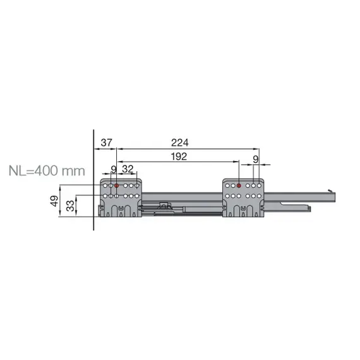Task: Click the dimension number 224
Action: [x=180, y=142]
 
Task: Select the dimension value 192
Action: [x=179, y=158]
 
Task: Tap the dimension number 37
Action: [x=105, y=142]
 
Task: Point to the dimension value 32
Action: [x=128, y=169]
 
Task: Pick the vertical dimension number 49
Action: [x=55, y=201]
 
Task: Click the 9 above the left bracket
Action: [x=114, y=169]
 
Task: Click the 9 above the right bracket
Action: [x=256, y=158]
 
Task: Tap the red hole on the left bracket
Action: [x=117, y=186]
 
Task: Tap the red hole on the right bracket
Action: [x=239, y=186]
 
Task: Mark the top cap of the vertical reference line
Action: [x=93, y=128]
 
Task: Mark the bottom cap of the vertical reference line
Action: [x=93, y=231]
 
